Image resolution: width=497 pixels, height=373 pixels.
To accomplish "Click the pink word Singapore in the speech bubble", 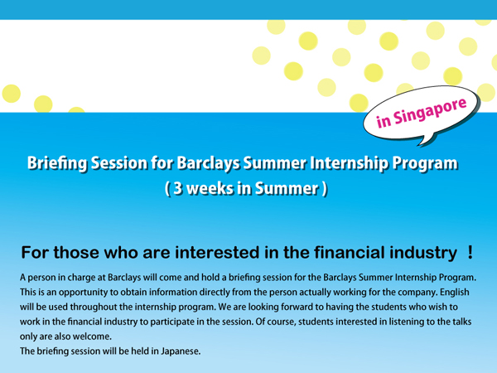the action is pyautogui.click(x=430, y=112).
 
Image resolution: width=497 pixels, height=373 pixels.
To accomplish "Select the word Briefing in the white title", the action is pyautogui.click(x=57, y=163).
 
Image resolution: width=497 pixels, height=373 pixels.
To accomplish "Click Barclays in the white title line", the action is pyautogui.click(x=208, y=163).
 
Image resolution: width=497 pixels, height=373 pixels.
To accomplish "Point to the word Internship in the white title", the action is pyautogui.click(x=349, y=163).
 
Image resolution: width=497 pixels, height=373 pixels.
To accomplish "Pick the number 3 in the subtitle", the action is pyautogui.click(x=178, y=188).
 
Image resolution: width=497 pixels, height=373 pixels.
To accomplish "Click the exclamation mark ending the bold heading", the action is pyautogui.click(x=470, y=253).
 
